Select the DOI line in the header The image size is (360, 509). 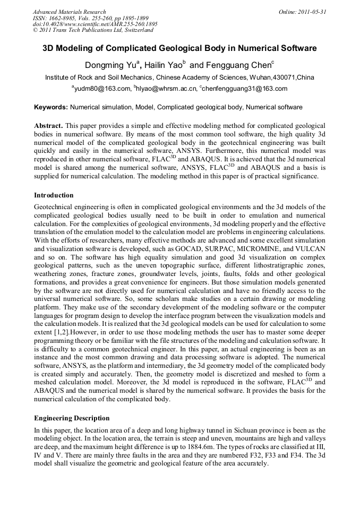(95, 24)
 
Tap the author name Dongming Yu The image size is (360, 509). (110, 65)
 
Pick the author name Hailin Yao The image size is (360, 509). (164, 65)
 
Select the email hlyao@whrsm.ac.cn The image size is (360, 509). (165, 89)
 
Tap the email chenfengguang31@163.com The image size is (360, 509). (245, 89)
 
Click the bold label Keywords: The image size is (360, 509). (51, 107)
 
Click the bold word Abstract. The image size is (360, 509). (48, 125)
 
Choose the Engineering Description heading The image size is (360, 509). (72, 418)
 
